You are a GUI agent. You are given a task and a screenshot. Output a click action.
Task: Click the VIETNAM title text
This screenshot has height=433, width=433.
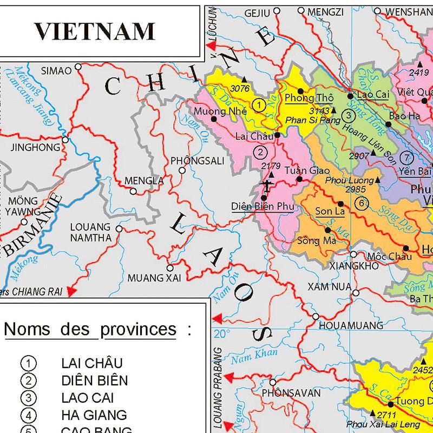tap(95, 31)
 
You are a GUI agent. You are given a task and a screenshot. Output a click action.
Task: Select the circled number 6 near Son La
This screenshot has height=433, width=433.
tap(361, 203)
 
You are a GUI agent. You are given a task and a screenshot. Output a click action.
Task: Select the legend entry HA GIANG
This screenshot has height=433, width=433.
tap(94, 415)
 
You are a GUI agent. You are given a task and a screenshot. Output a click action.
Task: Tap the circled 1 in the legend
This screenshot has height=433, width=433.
tap(27, 363)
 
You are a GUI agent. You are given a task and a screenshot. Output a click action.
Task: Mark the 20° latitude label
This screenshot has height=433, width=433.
tap(224, 333)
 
